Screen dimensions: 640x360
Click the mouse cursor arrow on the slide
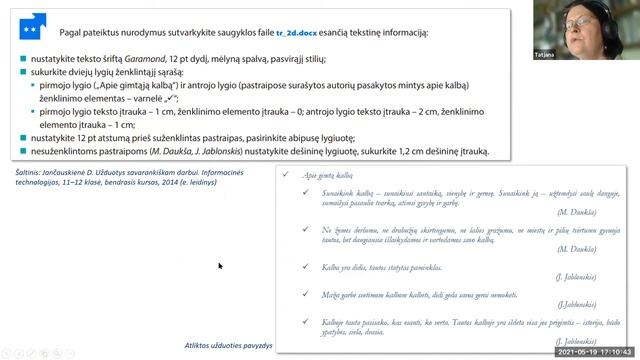(220, 266)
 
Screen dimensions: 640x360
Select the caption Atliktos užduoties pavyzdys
(229, 344)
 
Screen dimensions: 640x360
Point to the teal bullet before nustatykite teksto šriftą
(22, 60)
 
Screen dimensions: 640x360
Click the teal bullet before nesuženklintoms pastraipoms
(22, 151)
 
